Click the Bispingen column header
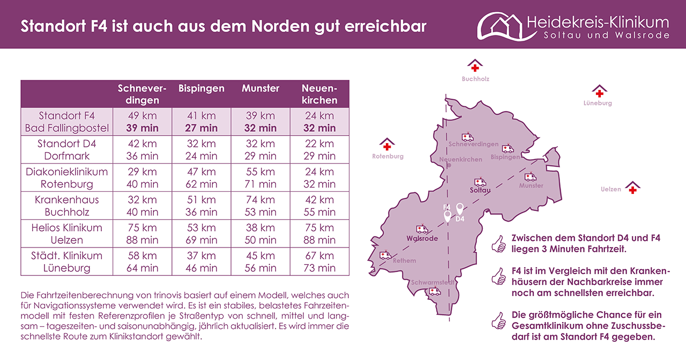[x=201, y=88]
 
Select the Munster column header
[x=260, y=88]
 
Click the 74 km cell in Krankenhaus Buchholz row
[x=260, y=200]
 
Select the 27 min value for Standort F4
[x=201, y=128]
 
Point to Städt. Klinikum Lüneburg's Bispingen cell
[x=201, y=262]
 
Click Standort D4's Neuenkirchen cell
[x=319, y=150]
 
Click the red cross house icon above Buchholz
[x=475, y=66]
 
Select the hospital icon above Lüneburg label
[x=599, y=91]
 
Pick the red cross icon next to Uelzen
[x=633, y=188]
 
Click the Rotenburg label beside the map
[x=387, y=157]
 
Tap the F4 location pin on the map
[x=448, y=216]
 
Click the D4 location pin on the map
[x=459, y=209]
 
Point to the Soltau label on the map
[x=480, y=190]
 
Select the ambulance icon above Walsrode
[x=422, y=229]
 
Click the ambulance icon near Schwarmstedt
[x=435, y=291]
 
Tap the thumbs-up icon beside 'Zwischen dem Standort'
[x=498, y=244]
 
